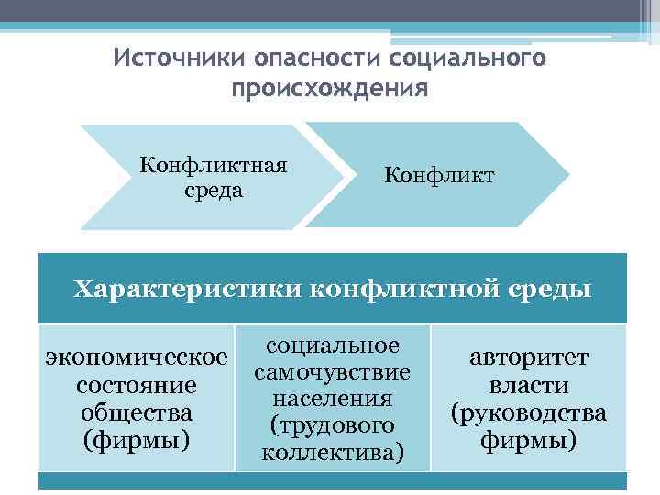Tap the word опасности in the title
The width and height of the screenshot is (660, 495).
[307, 60]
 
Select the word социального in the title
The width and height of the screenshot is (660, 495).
[467, 60]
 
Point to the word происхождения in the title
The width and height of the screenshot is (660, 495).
[330, 90]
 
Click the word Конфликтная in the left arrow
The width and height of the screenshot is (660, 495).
[214, 165]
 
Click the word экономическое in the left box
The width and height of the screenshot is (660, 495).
[137, 355]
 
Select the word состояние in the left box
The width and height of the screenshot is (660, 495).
[137, 383]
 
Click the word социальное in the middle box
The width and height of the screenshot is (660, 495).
[333, 346]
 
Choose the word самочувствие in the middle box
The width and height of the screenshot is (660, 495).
[333, 372]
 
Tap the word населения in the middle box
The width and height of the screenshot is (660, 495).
[333, 399]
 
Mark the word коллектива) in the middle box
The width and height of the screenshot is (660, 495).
[333, 453]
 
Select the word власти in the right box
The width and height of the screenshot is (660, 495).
[529, 385]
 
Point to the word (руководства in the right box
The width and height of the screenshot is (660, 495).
[529, 413]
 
